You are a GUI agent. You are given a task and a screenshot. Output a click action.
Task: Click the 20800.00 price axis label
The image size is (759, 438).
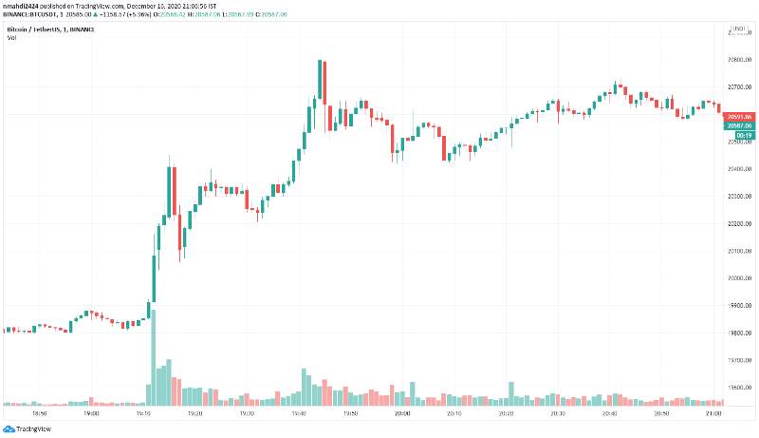739,60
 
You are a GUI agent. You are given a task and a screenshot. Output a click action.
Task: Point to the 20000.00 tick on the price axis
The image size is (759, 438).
739,278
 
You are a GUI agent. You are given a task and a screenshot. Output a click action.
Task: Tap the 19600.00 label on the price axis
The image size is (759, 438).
739,389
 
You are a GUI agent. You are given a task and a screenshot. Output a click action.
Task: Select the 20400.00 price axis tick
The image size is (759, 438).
739,169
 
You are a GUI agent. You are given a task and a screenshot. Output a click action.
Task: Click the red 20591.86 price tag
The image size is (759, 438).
739,116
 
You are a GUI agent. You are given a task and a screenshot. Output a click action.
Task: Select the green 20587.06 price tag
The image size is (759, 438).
739,125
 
